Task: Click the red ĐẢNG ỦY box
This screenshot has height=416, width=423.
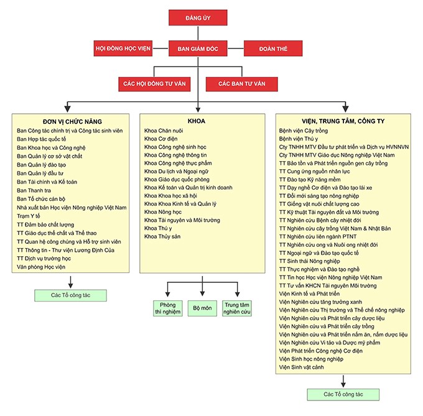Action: [198, 18]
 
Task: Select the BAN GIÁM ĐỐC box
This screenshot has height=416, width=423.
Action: [198, 49]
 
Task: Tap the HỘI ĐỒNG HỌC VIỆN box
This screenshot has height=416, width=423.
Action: [123, 49]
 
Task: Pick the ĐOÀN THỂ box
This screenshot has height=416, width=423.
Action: [273, 49]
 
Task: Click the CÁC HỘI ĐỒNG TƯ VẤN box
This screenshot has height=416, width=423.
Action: [154, 84]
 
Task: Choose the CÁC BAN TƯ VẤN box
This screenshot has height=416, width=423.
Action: [242, 84]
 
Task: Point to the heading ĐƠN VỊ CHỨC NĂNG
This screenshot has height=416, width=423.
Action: [72, 122]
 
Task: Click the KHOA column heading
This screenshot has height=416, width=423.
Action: [197, 121]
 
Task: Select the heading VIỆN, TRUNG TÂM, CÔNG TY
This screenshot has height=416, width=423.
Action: [343, 121]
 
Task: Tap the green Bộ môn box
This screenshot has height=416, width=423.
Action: [202, 308]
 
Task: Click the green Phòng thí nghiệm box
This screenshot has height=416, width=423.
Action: [168, 308]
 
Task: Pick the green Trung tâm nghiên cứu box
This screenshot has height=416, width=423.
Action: [237, 308]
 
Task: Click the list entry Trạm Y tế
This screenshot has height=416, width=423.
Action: [29, 216]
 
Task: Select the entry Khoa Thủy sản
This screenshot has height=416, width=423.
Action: [162, 236]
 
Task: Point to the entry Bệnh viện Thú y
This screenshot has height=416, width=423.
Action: [299, 139]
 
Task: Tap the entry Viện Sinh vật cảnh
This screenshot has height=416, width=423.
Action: [301, 367]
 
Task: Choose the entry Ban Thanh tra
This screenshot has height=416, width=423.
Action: [34, 190]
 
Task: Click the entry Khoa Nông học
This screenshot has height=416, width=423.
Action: [163, 212]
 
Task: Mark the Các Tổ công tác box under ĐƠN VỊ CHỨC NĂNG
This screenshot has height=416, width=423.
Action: [70, 295]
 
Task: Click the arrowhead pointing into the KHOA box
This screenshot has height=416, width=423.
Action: [198, 109]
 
